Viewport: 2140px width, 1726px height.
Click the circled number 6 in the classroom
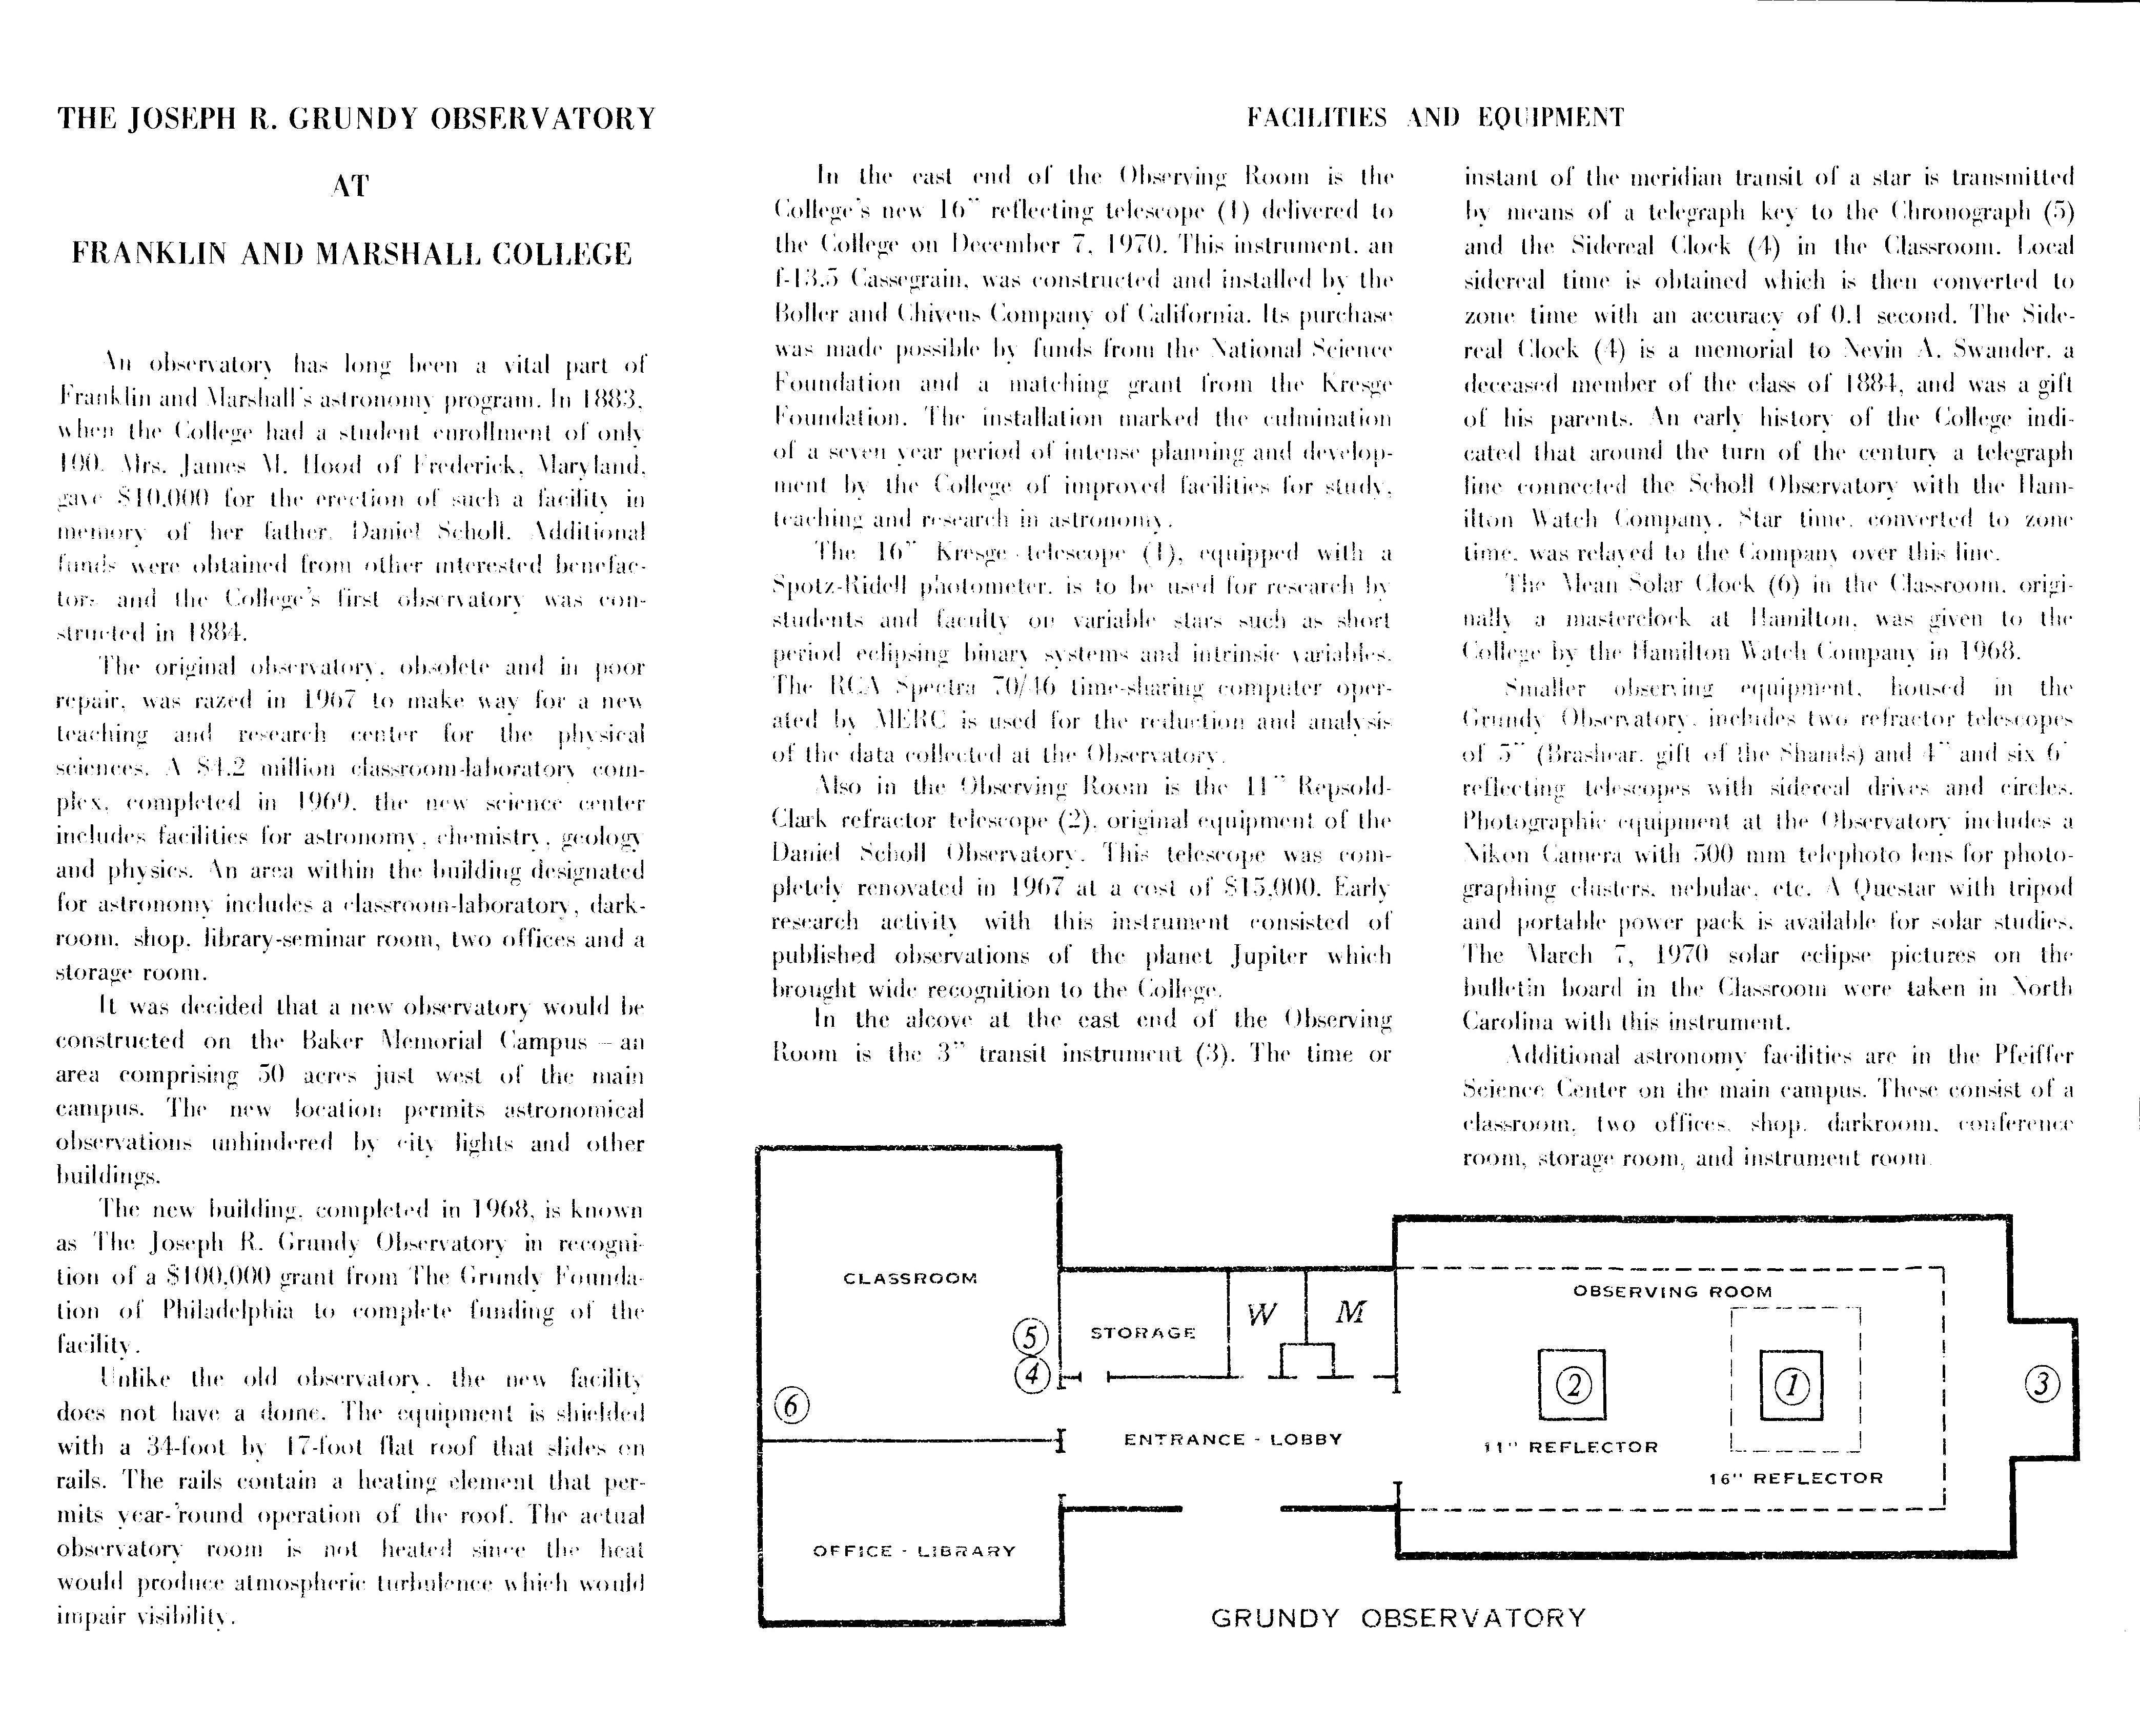coord(791,1406)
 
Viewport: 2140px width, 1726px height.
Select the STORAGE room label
coord(1143,1332)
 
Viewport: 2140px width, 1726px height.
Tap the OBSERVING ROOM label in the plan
coord(1672,1291)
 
